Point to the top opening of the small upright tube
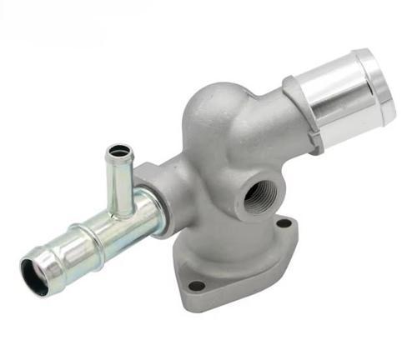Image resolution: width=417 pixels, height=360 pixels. point(118,151)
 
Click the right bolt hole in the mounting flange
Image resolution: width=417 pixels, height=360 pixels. point(284,223)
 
